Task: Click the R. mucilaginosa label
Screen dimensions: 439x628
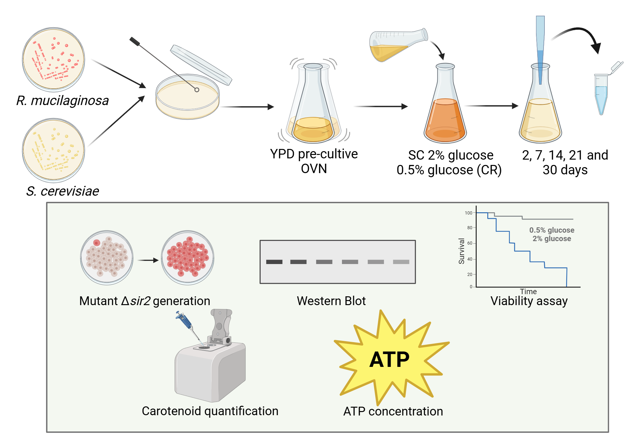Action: click(62, 101)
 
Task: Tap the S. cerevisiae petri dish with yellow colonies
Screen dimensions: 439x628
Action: click(53, 150)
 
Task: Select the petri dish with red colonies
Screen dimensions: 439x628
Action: click(53, 60)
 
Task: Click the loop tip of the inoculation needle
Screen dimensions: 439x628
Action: click(197, 90)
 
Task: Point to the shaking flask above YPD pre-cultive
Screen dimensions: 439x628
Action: click(313, 103)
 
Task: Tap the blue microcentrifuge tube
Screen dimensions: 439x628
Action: click(601, 94)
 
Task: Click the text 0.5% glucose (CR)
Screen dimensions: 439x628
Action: click(449, 170)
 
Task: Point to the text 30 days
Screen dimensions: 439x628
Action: click(565, 170)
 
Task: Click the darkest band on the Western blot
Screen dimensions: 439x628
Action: click(274, 262)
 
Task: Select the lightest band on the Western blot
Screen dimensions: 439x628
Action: click(401, 262)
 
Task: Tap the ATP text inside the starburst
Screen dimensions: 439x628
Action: click(389, 359)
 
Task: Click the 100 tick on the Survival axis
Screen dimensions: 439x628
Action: click(468, 213)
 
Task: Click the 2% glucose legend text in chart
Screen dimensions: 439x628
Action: click(552, 239)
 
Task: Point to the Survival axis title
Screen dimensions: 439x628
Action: click(461, 251)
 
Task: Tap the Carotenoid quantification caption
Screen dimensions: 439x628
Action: click(210, 411)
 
